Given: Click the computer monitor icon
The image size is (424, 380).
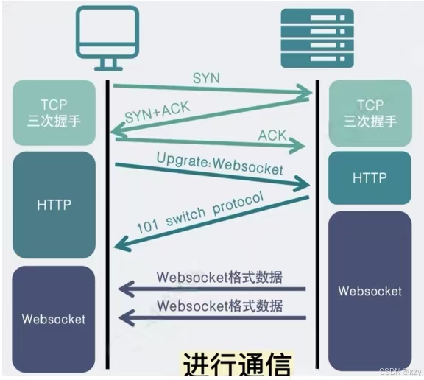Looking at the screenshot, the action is [x=107, y=38].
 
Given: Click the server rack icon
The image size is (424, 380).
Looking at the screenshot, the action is [x=317, y=38].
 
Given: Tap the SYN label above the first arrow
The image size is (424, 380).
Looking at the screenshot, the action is [x=206, y=78].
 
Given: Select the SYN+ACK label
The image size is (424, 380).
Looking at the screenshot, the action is [x=158, y=113].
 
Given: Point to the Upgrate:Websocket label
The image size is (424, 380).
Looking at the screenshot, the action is [x=220, y=164].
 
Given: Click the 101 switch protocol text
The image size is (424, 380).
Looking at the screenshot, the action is [x=200, y=213].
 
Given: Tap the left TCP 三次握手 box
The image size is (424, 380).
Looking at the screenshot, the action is [x=54, y=113].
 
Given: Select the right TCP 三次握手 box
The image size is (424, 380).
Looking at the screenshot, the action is [x=370, y=113].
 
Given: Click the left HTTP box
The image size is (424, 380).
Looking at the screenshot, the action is [x=54, y=205].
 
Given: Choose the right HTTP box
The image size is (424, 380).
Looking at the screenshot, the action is [x=370, y=177].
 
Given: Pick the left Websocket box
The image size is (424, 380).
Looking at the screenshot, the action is [x=54, y=319].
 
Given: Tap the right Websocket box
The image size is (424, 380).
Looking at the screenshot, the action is [x=370, y=291].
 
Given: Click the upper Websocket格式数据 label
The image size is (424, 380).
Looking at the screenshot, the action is [x=219, y=277].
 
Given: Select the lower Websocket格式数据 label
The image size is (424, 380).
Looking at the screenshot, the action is [x=220, y=306].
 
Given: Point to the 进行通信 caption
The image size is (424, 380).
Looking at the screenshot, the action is [x=237, y=364].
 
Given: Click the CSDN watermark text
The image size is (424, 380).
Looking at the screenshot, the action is [x=400, y=372].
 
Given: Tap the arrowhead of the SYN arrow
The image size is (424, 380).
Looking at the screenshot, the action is [x=305, y=91].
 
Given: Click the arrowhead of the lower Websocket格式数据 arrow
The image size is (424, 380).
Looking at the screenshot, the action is [x=126, y=317].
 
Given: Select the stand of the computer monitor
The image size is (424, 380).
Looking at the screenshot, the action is [x=108, y=65].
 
